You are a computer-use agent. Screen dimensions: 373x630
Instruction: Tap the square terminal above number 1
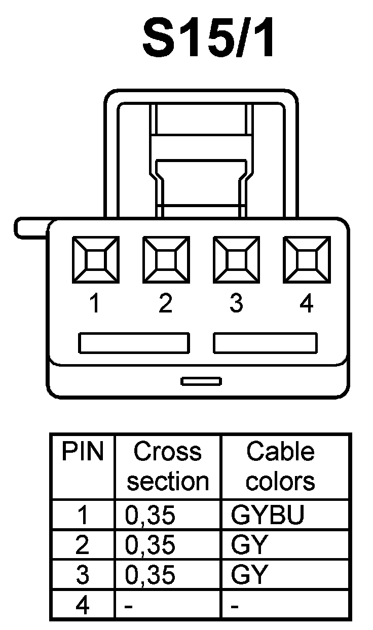click(95, 261)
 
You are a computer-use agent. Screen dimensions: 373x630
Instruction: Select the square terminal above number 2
click(166, 261)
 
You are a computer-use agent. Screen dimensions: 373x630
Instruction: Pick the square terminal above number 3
click(236, 261)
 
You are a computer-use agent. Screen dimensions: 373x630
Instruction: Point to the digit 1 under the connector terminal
click(95, 304)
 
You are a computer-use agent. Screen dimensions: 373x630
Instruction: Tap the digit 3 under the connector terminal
click(236, 304)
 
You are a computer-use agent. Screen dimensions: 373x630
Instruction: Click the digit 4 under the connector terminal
click(307, 304)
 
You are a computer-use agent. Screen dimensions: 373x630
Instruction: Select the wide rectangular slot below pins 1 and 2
click(134, 343)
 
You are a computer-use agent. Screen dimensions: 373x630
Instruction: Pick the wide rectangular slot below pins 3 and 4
click(265, 343)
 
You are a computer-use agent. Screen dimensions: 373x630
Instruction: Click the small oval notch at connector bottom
click(201, 381)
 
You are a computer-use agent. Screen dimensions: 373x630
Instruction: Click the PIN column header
click(82, 452)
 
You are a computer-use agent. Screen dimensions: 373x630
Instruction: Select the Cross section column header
click(168, 466)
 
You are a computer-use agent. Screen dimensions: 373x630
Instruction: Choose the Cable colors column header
click(280, 466)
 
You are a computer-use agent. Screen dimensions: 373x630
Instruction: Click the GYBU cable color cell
click(268, 515)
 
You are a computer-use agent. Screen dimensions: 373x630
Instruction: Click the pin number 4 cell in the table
click(82, 605)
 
